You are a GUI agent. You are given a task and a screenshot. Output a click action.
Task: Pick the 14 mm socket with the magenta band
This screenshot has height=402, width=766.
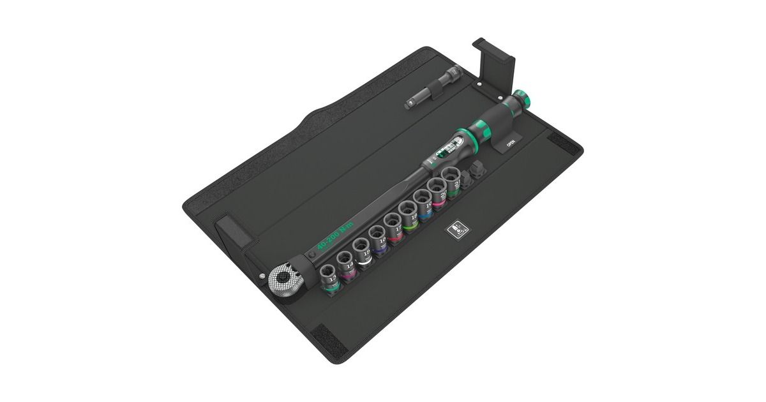[x=347, y=265]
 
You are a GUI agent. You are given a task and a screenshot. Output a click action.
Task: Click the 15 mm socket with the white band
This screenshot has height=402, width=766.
[x=363, y=253]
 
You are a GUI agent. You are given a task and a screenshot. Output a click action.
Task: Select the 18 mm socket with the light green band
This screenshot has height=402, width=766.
[x=409, y=217]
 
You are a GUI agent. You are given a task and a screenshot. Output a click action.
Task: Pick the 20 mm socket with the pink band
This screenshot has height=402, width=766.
[x=439, y=195]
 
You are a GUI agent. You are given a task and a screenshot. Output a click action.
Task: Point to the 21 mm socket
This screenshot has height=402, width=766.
[x=453, y=184]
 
